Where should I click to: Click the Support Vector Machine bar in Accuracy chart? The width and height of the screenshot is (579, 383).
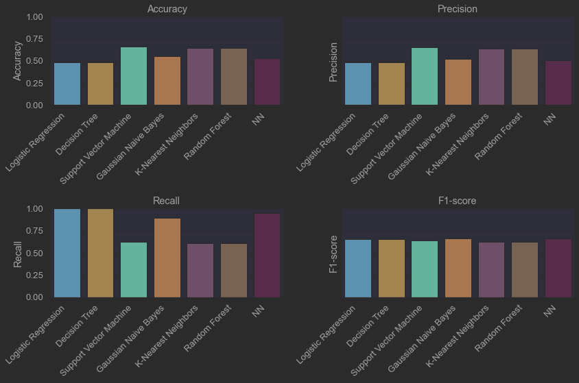click(x=134, y=76)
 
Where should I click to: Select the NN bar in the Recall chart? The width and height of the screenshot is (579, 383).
click(x=267, y=256)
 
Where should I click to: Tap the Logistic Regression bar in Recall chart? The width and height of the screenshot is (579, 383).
click(x=67, y=253)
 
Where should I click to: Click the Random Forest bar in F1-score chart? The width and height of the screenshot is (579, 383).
click(x=525, y=270)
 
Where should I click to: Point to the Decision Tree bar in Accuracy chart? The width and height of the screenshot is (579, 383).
click(x=100, y=84)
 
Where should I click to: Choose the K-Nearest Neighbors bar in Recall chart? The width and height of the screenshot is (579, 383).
click(x=200, y=271)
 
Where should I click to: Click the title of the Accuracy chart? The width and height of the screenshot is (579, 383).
click(x=167, y=9)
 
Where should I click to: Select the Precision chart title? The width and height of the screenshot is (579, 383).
click(x=458, y=9)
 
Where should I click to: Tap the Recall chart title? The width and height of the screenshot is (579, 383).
click(x=167, y=201)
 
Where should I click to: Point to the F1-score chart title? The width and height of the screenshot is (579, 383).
click(x=458, y=201)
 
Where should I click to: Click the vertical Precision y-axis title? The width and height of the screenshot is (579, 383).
click(x=334, y=62)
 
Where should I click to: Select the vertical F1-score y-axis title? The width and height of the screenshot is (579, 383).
click(x=334, y=254)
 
